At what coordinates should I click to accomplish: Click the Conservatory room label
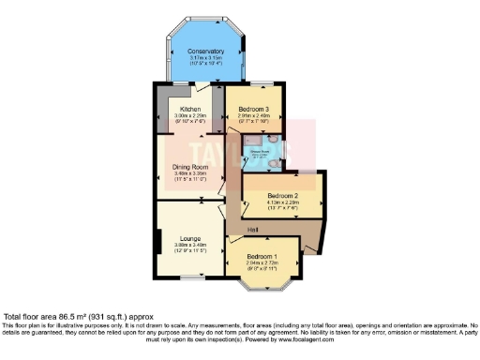pyautogui.click(x=205, y=51)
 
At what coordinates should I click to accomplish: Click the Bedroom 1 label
pyautogui.click(x=262, y=255)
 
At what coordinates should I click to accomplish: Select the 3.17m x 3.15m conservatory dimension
pyautogui.click(x=205, y=57)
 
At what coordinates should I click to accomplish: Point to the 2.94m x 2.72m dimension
pyautogui.click(x=262, y=262)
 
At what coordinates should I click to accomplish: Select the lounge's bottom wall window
pyautogui.click(x=191, y=277)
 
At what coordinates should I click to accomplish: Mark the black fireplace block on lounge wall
pyautogui.click(x=157, y=242)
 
